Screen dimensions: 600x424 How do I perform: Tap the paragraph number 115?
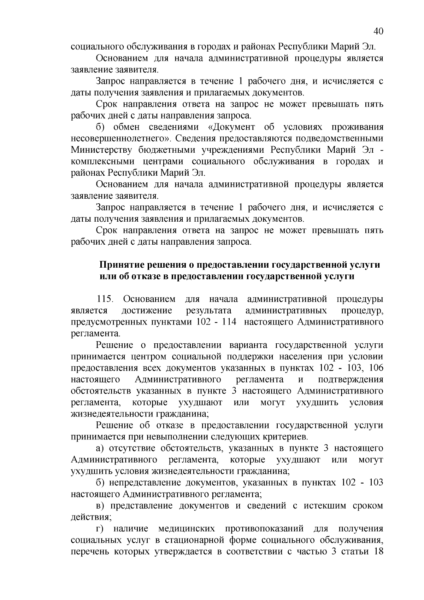coord(105,299)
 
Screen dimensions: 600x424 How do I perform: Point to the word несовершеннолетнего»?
coord(121,138)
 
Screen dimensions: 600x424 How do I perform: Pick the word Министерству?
coord(101,150)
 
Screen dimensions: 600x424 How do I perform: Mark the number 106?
coord(376,368)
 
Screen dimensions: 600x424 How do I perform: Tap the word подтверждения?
coord(351,379)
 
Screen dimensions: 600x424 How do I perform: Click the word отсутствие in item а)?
coord(133,448)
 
